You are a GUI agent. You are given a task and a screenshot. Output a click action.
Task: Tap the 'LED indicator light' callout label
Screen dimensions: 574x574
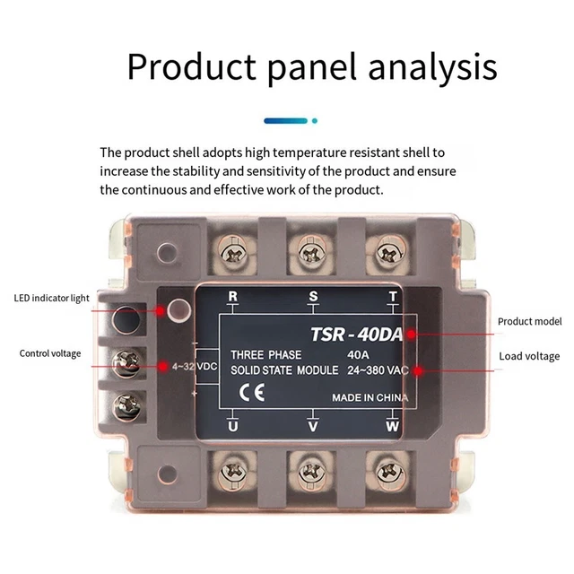pyautogui.click(x=51, y=299)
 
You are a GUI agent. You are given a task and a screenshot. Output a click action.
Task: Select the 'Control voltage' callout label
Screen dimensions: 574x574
pyautogui.click(x=50, y=353)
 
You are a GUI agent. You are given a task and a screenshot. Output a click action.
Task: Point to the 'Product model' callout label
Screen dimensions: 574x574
pyautogui.click(x=529, y=321)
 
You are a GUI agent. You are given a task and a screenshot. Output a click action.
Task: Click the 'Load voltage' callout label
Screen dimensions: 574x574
pyautogui.click(x=529, y=356)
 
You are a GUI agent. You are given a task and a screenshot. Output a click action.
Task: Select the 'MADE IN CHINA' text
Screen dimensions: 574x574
pyautogui.click(x=370, y=397)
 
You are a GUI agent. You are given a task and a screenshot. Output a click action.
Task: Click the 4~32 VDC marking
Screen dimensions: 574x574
pyautogui.click(x=196, y=367)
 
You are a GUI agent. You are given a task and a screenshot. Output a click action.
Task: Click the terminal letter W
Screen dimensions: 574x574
pyautogui.click(x=392, y=427)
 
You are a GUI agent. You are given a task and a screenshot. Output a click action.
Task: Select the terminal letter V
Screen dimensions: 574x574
pyautogui.click(x=312, y=427)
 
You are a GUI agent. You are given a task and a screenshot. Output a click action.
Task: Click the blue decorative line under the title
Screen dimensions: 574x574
pyautogui.click(x=285, y=119)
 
